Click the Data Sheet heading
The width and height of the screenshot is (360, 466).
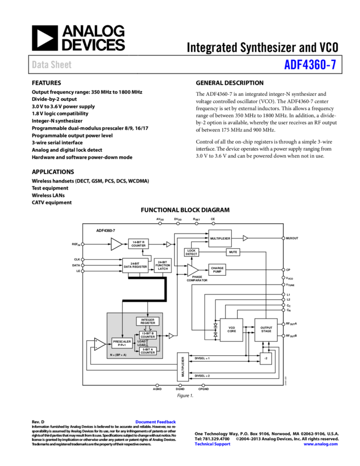(52, 65)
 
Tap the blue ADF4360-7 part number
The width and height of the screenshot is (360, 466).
(310, 65)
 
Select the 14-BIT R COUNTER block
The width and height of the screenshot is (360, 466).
(139, 244)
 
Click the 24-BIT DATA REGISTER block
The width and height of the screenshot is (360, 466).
(135, 265)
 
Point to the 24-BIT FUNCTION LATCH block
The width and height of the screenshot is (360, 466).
(163, 265)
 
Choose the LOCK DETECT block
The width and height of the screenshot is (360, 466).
(191, 252)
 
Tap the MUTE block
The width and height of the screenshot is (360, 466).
(233, 252)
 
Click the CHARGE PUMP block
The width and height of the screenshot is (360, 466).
(217, 270)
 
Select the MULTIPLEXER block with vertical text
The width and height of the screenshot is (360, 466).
(183, 367)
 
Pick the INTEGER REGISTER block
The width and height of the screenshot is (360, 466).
(148, 321)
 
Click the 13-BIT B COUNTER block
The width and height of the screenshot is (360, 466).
(148, 335)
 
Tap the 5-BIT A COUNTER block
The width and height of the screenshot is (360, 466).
(148, 351)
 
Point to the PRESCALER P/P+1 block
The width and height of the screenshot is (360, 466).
(122, 343)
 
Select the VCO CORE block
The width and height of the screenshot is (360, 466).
(231, 329)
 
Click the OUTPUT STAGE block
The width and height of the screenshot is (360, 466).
(266, 329)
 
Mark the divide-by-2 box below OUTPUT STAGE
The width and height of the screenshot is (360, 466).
(266, 359)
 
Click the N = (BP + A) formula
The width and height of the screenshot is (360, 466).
(118, 355)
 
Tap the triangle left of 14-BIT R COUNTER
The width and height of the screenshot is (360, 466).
(116, 244)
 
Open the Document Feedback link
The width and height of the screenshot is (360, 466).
(156, 422)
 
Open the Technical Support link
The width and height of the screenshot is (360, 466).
(213, 444)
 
